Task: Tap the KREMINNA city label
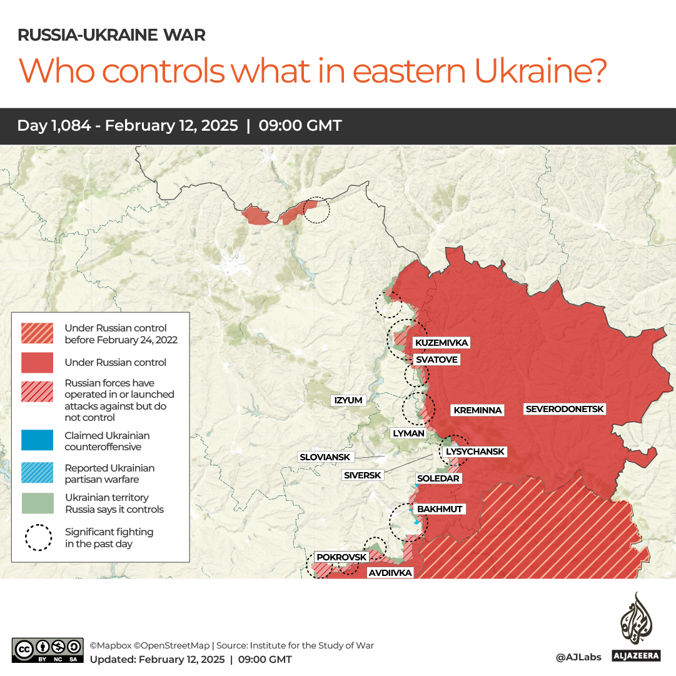[478, 410]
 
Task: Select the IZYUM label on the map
[348, 400]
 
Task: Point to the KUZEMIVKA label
[441, 343]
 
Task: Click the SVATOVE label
[436, 360]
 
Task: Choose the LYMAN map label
[408, 433]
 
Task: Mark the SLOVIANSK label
[325, 457]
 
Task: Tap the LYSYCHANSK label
[474, 452]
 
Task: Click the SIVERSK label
[363, 475]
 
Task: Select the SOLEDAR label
[438, 478]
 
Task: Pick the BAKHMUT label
[440, 509]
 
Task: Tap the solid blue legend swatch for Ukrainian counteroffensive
[36, 441]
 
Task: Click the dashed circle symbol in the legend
[38, 538]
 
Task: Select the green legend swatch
[36, 503]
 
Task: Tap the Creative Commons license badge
[48, 650]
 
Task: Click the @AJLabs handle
[578, 657]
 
